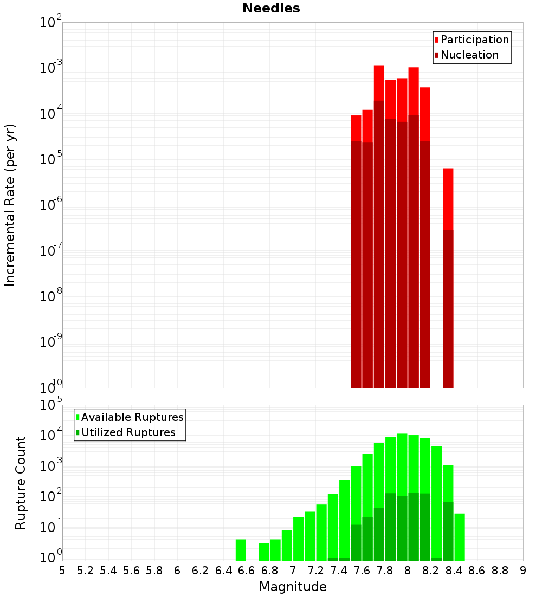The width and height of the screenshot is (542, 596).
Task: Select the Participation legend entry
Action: click(472, 40)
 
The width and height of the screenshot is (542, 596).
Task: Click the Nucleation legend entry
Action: click(466, 55)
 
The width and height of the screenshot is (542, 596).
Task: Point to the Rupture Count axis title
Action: click(21, 482)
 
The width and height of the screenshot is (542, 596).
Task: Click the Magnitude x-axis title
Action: click(293, 587)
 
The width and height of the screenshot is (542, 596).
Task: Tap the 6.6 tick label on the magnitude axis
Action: click(247, 571)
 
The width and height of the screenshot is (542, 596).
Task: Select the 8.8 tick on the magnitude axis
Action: click(500, 571)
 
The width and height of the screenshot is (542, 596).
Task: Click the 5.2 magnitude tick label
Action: click(86, 571)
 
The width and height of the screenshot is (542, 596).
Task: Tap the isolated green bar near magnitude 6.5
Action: click(241, 550)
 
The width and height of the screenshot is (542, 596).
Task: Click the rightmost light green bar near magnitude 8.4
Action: click(459, 536)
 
